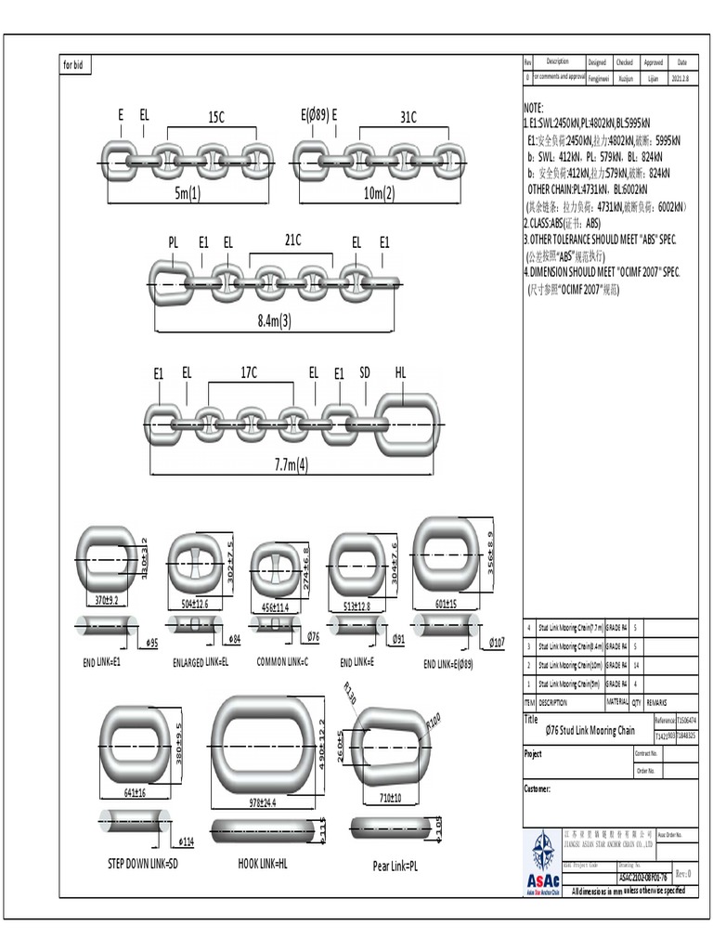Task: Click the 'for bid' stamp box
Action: point(74,66)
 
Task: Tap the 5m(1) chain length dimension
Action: point(187,193)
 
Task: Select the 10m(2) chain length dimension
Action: point(380,193)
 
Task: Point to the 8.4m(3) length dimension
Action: point(274,321)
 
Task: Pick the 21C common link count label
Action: point(292,240)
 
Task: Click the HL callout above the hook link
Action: point(401,372)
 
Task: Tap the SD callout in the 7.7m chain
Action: point(365,372)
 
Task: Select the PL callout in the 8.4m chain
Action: point(173,241)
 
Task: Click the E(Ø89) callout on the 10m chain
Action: point(314,116)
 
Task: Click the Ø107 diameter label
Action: point(497,642)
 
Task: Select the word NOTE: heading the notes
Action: point(535,108)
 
